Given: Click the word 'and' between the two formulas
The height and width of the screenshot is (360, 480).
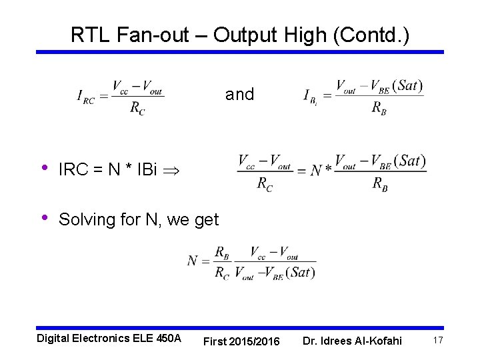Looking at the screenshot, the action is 239,95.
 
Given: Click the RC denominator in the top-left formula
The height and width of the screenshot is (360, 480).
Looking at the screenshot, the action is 137,109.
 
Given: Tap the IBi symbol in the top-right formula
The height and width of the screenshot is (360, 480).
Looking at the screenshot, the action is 310,97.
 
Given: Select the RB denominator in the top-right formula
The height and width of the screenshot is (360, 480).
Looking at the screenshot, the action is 379,108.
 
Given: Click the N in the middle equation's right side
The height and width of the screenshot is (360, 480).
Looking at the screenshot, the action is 315,171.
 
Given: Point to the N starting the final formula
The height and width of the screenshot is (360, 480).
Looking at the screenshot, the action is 193,261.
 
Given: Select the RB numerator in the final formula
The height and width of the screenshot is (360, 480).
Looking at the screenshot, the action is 222,252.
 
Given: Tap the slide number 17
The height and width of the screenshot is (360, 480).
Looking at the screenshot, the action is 438,340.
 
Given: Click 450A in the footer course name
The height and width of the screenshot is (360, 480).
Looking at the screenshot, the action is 167,338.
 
